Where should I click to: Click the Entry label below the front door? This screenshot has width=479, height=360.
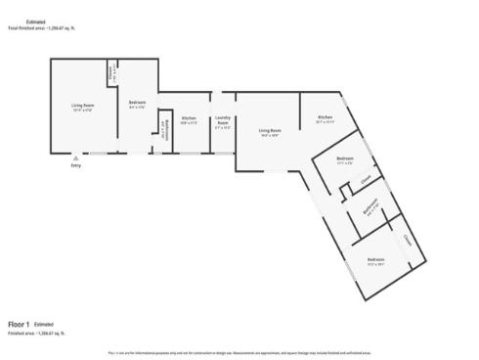[x=76, y=165]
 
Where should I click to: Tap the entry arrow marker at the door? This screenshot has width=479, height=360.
[x=76, y=157]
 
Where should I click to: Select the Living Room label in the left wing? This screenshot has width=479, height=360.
[x=82, y=105]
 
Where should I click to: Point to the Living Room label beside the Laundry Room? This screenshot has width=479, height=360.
[x=269, y=131]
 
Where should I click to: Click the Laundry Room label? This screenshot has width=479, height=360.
[x=222, y=121]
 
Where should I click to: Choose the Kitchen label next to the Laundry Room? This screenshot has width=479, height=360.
[x=189, y=119]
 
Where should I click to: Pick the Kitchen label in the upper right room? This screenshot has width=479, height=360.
[x=326, y=117]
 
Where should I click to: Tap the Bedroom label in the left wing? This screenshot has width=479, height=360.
[x=138, y=104]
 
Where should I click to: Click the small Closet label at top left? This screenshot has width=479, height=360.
[x=111, y=69]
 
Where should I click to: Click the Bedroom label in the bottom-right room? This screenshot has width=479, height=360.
[x=375, y=260]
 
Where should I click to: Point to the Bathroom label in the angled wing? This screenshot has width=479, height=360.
[x=370, y=207]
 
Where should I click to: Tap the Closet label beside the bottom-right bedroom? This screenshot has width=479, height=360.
[x=406, y=239]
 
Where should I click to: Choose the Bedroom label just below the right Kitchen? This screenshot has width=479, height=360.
[x=344, y=159]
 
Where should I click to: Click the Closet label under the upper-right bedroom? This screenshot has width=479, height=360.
[x=364, y=180]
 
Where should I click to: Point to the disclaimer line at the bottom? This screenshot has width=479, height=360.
[x=239, y=351]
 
